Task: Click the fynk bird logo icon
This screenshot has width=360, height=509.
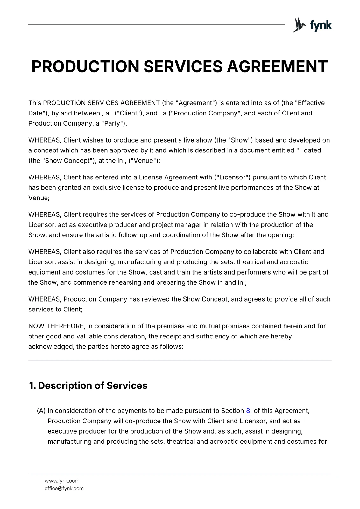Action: (299, 25)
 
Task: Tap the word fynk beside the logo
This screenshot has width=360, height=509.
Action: (321, 25)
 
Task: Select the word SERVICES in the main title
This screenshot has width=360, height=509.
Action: (183, 66)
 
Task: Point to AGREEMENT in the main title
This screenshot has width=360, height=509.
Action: (277, 66)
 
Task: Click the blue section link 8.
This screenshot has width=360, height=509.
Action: (249, 411)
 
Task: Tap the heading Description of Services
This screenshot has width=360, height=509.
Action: (92, 386)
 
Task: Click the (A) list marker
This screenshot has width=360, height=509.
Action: (41, 411)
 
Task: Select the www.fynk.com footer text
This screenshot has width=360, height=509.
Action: (62, 481)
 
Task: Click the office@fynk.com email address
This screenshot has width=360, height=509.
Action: (64, 488)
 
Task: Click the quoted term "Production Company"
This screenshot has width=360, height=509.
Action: (204, 113)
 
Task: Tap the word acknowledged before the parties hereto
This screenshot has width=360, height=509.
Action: (51, 346)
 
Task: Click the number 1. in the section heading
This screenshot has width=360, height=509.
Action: (32, 386)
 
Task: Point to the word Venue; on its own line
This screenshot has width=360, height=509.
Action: (39, 198)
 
